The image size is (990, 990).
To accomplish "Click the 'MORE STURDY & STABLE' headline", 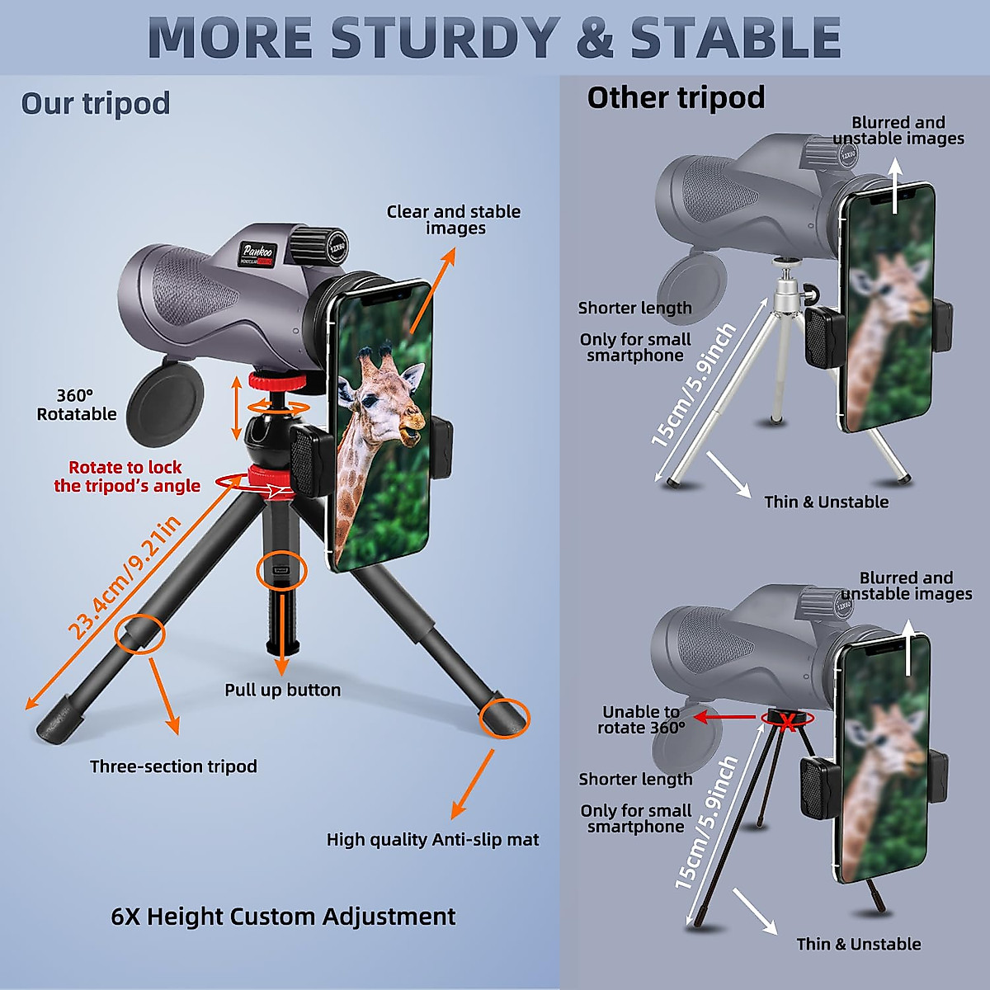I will (x=494, y=37).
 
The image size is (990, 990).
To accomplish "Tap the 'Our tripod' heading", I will (x=96, y=104).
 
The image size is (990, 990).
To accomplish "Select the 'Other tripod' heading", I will (x=676, y=98).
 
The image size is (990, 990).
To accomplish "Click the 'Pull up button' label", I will (x=282, y=690).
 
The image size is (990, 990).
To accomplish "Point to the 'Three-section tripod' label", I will (x=173, y=766).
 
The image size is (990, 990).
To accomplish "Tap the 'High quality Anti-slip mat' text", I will (x=432, y=840).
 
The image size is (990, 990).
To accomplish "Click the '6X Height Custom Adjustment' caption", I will (x=283, y=917).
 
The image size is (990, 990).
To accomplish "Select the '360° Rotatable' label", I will (x=76, y=405).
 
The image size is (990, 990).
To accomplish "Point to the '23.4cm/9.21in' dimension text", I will (x=124, y=577).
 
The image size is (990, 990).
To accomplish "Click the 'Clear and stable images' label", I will (x=454, y=219).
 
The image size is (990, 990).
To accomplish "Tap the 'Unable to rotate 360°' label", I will (x=641, y=719).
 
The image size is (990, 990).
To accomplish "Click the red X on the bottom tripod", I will (x=788, y=723).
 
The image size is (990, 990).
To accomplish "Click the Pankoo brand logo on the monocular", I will (x=258, y=252).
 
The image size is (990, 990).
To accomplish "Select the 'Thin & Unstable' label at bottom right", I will (x=858, y=945).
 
